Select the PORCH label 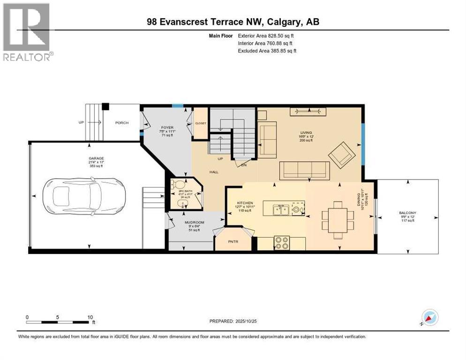coord(122,123)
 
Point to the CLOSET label coord(201,123)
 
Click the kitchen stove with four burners coord(281,243)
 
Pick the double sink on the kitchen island coord(281,210)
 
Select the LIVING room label coord(307,133)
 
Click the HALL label coord(214,172)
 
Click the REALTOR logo coord(27,31)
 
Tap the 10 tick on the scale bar coord(90,317)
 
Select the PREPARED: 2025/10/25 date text coord(236,321)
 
